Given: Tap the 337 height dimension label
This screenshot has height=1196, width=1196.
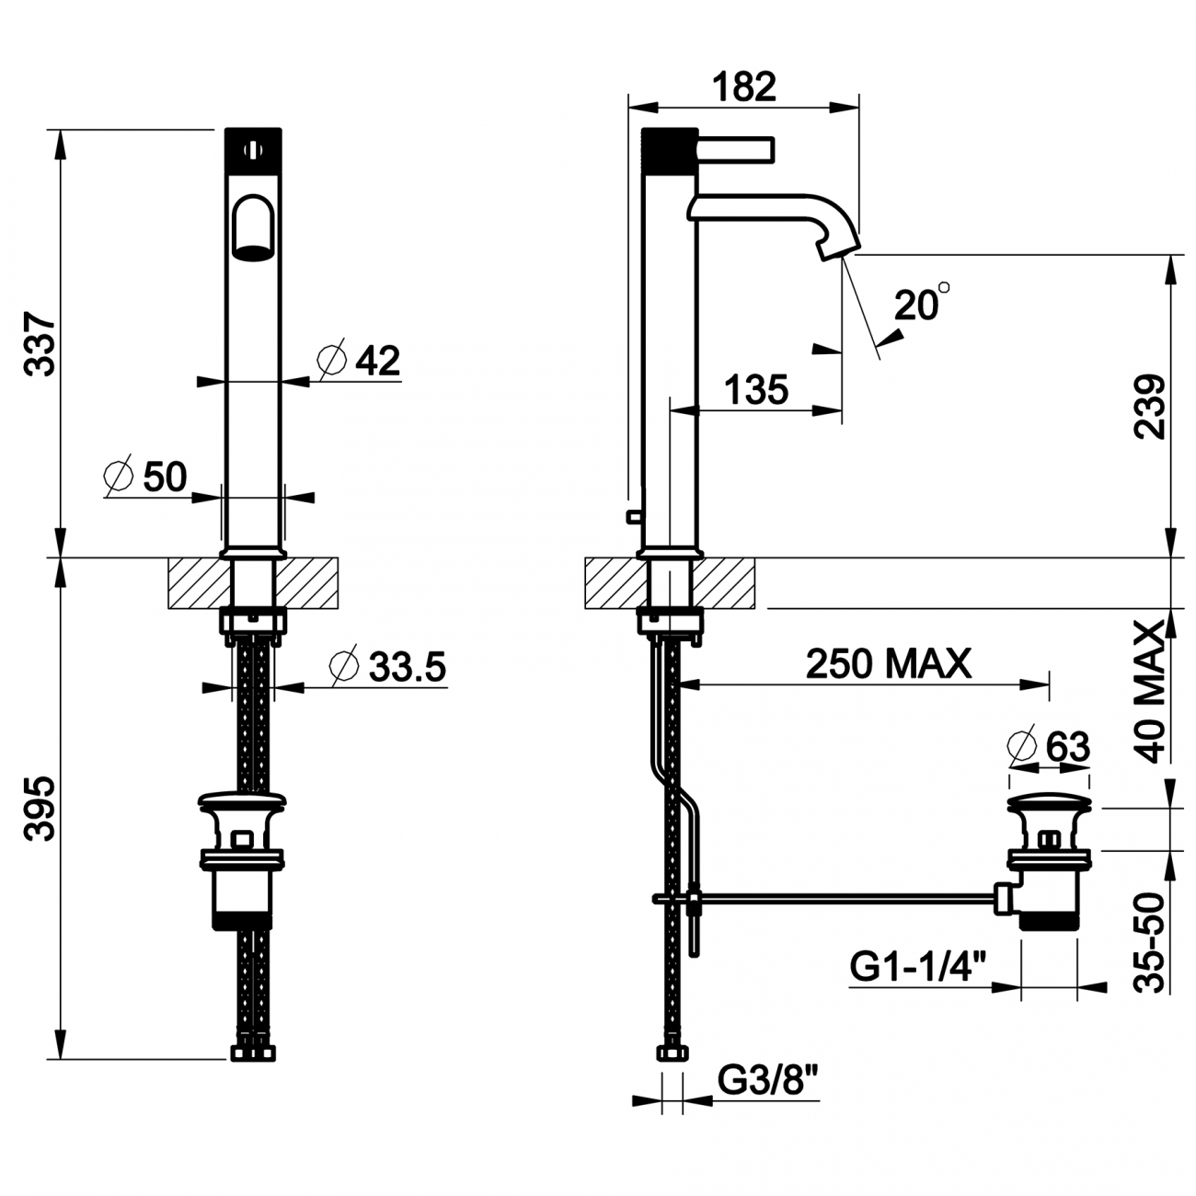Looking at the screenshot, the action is [x=40, y=345].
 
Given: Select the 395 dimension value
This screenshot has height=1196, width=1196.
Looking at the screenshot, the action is [x=40, y=809].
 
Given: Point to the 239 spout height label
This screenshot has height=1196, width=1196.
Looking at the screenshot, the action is [x=1149, y=407].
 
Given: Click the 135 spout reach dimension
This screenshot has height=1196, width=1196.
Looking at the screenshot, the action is [x=756, y=390].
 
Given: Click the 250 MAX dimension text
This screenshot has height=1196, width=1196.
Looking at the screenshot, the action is [x=888, y=663].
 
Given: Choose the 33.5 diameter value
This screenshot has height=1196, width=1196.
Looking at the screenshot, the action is [x=408, y=667].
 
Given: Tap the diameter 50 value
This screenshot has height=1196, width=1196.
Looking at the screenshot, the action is [x=165, y=477].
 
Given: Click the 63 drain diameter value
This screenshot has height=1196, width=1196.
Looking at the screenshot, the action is [x=1068, y=747].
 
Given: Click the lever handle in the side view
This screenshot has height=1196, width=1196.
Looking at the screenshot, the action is [x=735, y=150].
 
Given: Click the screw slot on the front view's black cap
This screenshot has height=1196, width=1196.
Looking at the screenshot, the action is [x=253, y=150].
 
